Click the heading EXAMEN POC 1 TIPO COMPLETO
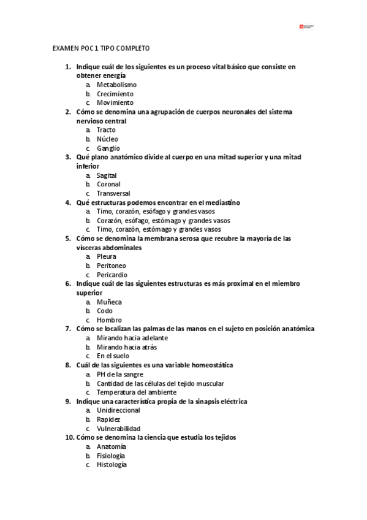(x=101, y=48)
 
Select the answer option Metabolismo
(x=116, y=85)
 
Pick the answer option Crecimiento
(x=115, y=94)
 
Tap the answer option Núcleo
(x=107, y=139)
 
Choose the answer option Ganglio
(x=108, y=148)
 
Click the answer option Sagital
(x=107, y=175)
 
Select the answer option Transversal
(x=113, y=193)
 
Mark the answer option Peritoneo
(x=112, y=266)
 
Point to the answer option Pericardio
(x=112, y=275)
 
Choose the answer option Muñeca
(x=109, y=302)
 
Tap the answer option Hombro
(x=109, y=320)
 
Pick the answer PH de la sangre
(x=120, y=374)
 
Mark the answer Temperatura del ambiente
(x=137, y=392)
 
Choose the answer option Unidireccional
(x=118, y=410)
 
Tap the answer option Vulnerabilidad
(x=118, y=429)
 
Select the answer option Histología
(x=112, y=465)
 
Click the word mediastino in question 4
(x=220, y=202)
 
